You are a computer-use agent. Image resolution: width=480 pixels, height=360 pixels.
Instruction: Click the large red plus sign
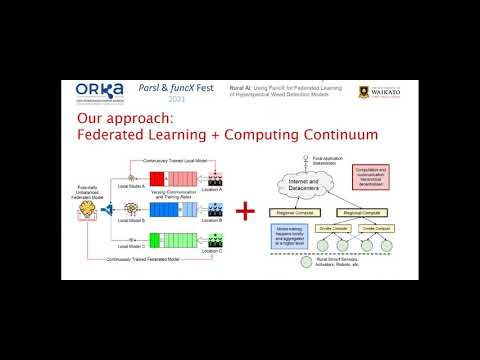tap(243, 211)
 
